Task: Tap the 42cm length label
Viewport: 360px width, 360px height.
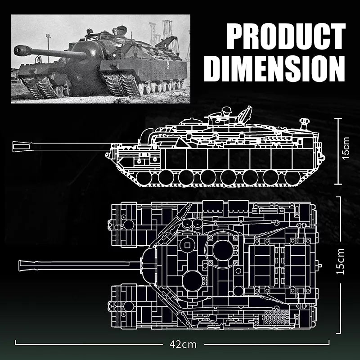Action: click(184, 344)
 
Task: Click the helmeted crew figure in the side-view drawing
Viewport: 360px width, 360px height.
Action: click(226, 113)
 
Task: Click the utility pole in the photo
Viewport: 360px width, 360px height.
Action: click(47, 43)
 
